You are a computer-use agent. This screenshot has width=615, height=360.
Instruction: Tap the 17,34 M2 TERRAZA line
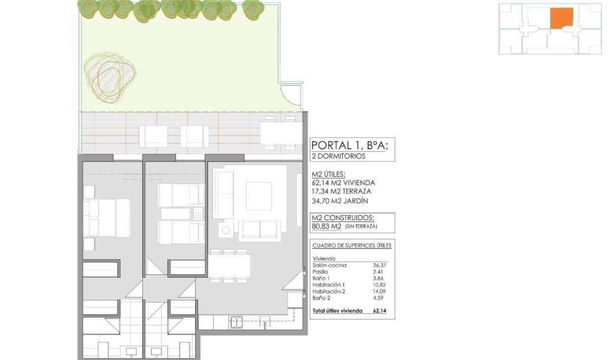(x=341, y=191)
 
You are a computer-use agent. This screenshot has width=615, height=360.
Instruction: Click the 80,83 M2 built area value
(x=326, y=227)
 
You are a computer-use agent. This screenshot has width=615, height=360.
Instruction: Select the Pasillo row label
(x=320, y=272)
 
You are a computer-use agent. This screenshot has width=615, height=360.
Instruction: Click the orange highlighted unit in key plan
(x=561, y=18)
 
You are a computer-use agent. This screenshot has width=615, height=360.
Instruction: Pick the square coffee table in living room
(x=258, y=196)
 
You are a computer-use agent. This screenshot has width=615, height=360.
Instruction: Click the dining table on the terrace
(x=281, y=133)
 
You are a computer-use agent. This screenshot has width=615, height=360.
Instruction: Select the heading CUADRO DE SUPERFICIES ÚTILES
(x=352, y=246)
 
